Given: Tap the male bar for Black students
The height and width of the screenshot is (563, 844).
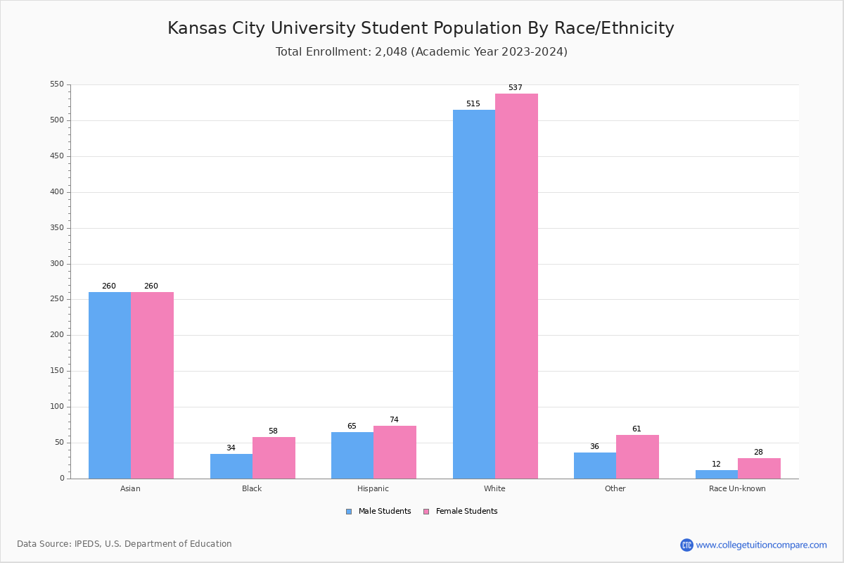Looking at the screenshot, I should pyautogui.click(x=231, y=466).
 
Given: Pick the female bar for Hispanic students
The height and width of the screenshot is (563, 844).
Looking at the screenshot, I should pyautogui.click(x=395, y=452).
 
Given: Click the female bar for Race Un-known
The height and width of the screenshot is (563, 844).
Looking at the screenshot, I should pyautogui.click(x=759, y=468).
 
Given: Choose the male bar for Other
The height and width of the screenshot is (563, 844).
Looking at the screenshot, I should pyautogui.click(x=594, y=465).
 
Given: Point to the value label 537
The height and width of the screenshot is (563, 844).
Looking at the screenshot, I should pyautogui.click(x=516, y=88).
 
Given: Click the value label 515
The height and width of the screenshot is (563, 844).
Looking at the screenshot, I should pyautogui.click(x=473, y=104).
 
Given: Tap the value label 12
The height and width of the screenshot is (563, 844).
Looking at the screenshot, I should pyautogui.click(x=716, y=464).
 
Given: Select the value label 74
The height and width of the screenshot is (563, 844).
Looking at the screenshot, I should pyautogui.click(x=394, y=420).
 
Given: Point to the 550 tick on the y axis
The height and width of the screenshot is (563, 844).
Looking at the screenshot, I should pyautogui.click(x=57, y=84).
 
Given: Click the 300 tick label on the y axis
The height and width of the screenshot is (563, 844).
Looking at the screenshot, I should pyautogui.click(x=57, y=264).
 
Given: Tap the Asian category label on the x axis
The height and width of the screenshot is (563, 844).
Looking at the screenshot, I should pyautogui.click(x=131, y=488).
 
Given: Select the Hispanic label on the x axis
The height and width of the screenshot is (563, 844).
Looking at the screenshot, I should pyautogui.click(x=373, y=488).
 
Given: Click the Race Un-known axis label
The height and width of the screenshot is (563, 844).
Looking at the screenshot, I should pyautogui.click(x=737, y=488).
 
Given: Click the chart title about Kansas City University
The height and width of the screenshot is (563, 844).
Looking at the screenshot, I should pyautogui.click(x=421, y=29).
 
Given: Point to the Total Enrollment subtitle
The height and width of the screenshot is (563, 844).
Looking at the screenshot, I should pyautogui.click(x=421, y=52).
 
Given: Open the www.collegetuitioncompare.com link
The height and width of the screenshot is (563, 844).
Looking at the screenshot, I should pyautogui.click(x=761, y=545).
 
